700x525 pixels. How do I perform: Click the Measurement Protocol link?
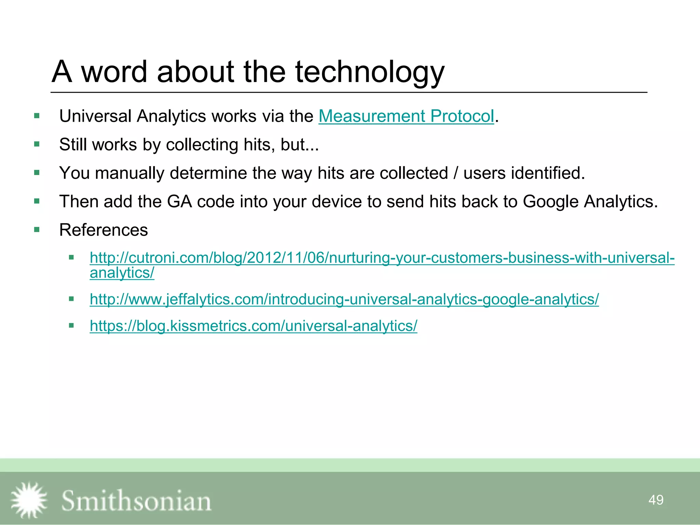[406, 116]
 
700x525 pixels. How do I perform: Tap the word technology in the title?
[369, 72]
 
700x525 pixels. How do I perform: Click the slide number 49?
[656, 500]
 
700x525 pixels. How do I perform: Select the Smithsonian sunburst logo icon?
[29, 500]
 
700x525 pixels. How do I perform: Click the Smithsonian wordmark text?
[136, 501]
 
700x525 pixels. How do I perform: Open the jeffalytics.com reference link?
[344, 299]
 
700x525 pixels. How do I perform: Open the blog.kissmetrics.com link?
[253, 326]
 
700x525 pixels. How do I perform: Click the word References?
[104, 230]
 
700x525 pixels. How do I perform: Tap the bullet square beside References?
[37, 230]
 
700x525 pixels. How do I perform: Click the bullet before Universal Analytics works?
[37, 116]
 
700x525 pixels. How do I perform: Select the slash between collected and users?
[456, 173]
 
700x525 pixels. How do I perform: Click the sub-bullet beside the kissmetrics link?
[71, 326]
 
